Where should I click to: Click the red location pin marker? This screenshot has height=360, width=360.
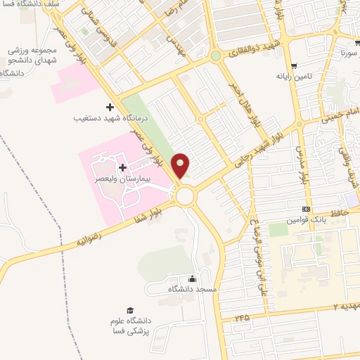pyautogui.click(x=181, y=165)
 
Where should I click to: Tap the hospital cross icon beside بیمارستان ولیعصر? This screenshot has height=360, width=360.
pyautogui.click(x=124, y=167)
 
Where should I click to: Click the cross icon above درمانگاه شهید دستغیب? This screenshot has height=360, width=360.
pyautogui.click(x=109, y=107)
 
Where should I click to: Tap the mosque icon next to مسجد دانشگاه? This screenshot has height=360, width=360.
pyautogui.click(x=193, y=278)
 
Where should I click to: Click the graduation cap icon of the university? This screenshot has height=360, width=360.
pyautogui.click(x=129, y=310)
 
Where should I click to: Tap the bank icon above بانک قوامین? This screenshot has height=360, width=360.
pyautogui.click(x=306, y=209)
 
